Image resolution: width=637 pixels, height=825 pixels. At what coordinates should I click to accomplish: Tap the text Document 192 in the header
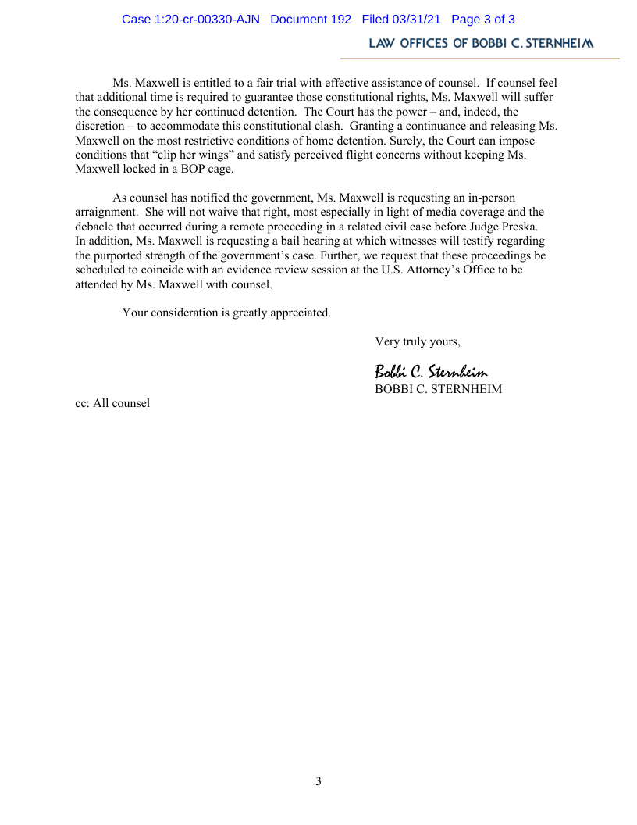point(311,20)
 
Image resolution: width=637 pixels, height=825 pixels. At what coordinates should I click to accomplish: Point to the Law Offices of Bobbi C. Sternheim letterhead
point(481,44)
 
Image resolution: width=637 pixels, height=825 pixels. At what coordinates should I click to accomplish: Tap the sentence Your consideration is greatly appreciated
point(226,312)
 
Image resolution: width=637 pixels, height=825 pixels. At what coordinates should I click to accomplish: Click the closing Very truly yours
point(418,341)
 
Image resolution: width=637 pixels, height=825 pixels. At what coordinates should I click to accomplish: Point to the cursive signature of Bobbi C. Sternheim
point(431,371)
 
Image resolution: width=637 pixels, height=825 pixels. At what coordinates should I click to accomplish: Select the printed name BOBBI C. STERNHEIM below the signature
point(438,388)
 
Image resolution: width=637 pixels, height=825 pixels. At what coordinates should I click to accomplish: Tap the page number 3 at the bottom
point(318,781)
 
